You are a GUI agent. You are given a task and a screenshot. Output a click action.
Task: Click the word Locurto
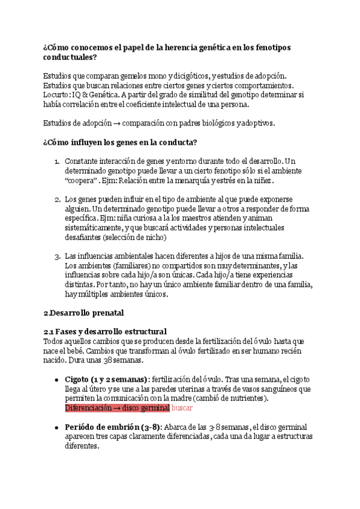click(57, 94)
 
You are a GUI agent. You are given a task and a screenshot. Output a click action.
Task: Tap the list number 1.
click(56, 161)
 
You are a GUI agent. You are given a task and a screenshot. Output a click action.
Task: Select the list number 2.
click(56, 199)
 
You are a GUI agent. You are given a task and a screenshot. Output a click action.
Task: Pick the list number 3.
click(56, 256)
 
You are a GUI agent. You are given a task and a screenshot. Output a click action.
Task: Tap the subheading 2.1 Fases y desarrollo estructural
click(105, 331)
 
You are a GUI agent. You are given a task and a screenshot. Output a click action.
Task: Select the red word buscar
click(182, 408)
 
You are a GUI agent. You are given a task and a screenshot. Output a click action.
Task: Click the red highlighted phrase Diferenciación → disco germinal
click(117, 408)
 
